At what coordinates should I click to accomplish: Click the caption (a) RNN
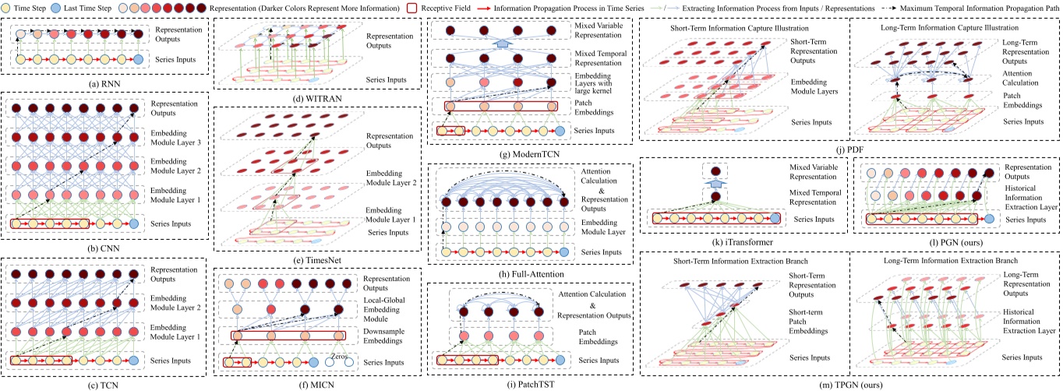[x=104, y=79]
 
